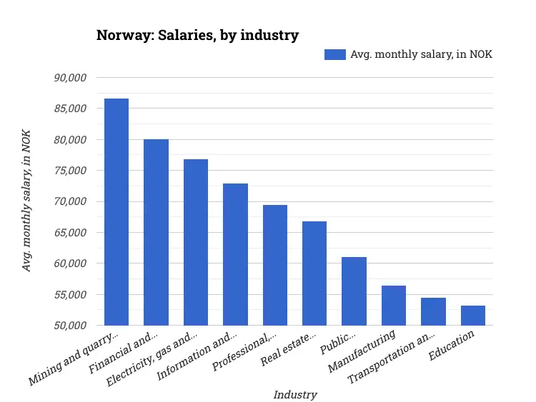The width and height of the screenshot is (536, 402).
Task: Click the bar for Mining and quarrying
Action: [116, 212]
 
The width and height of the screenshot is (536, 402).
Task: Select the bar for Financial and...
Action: [156, 232]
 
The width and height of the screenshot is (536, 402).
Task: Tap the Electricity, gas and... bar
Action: [196, 242]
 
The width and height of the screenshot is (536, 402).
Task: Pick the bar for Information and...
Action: [235, 254]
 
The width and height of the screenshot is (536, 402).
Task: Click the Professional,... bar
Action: [275, 265]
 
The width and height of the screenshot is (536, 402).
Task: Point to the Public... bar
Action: [354, 291]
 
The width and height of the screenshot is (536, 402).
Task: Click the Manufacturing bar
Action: [394, 306]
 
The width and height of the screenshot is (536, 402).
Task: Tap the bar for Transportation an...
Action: [433, 311]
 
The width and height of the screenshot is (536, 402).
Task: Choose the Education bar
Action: [473, 316]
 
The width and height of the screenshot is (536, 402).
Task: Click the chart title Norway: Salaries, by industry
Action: [197, 35]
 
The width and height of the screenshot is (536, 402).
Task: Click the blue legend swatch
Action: [334, 55]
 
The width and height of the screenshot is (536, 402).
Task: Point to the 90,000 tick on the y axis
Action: [70, 77]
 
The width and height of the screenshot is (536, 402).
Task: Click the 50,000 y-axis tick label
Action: [70, 326]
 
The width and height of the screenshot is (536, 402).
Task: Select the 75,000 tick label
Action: [70, 171]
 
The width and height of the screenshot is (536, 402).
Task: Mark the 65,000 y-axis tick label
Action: [70, 233]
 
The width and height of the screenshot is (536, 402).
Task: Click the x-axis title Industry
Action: [294, 394]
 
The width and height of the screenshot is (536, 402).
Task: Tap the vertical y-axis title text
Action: [27, 201]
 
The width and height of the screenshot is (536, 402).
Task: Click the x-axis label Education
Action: [452, 346]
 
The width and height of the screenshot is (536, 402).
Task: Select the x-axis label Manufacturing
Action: [361, 352]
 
